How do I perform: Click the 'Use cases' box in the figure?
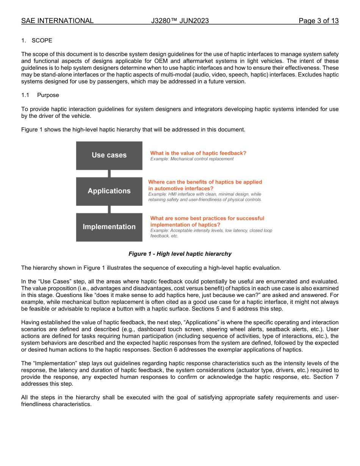[109, 155]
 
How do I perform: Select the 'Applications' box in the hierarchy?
[109, 191]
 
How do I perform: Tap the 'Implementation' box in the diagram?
[109, 227]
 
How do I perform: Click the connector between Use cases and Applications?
[109, 174]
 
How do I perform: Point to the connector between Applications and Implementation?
[109, 209]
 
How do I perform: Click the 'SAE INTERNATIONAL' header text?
[57, 21]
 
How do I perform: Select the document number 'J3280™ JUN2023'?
[180, 21]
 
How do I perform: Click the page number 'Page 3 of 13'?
[318, 21]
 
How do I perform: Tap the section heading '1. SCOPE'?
[37, 41]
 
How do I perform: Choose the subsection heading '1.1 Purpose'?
[40, 95]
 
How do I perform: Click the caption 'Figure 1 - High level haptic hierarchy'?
[180, 254]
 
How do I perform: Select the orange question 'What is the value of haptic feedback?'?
[198, 153]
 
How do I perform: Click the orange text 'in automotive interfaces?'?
[181, 188]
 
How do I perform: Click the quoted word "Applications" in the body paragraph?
[203, 322]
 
